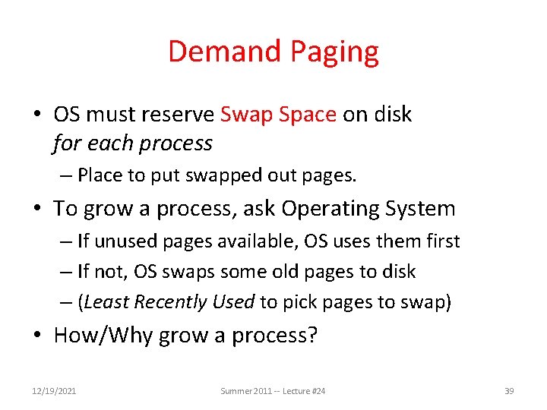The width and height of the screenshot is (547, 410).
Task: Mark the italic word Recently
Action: [172, 302]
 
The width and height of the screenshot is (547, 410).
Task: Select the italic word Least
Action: [107, 302]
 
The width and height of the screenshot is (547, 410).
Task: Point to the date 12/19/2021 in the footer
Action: [54, 391]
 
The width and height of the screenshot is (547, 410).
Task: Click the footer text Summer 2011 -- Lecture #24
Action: [273, 391]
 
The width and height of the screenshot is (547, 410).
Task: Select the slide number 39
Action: [509, 391]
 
